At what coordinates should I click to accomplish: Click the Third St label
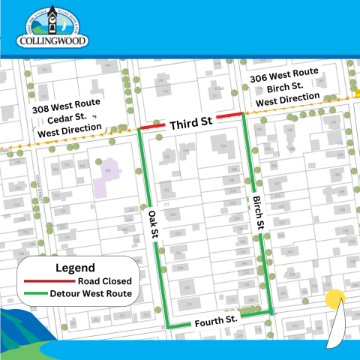coord(190,125)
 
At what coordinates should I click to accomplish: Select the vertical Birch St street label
coord(257,214)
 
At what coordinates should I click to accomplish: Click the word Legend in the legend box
coord(75,267)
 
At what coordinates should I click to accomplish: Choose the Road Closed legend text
coord(97,280)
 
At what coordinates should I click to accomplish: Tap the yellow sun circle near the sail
coord(334,298)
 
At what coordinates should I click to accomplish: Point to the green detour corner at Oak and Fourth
coord(165,326)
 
